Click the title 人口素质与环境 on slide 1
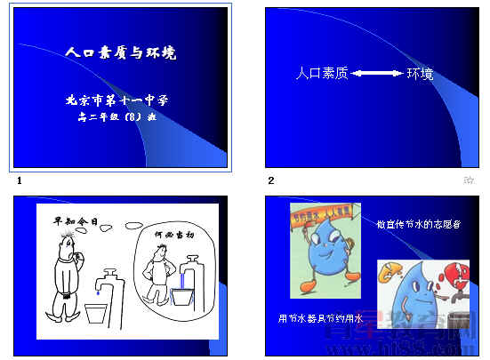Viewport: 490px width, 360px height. pos(121,52)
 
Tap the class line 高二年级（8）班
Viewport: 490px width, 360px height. pos(116,116)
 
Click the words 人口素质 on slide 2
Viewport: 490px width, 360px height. pos(321,74)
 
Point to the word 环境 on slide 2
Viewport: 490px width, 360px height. pos(420,74)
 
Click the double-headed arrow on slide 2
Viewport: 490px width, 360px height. pos(378,74)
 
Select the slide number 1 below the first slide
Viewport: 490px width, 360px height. pos(19,181)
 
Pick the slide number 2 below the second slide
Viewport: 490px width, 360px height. pos(271,181)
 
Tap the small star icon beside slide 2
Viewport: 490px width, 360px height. pos(469,180)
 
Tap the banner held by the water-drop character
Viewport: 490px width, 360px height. pos(324,216)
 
